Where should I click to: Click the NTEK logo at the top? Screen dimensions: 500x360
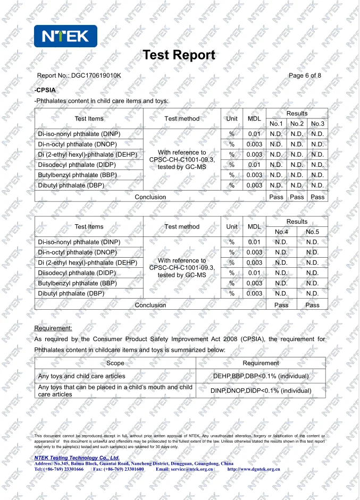click(65, 36)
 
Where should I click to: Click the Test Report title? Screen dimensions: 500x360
click(179, 55)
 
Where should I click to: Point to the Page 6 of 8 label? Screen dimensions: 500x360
click(305, 75)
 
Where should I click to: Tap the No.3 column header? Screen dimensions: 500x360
click(317, 124)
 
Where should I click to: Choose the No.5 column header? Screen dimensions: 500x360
click(312, 232)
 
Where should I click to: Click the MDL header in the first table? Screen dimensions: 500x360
click(254, 118)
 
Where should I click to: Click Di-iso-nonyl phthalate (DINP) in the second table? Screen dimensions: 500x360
click(79, 242)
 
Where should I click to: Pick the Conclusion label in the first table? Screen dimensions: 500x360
click(150, 197)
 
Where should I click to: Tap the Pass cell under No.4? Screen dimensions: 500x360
click(281, 305)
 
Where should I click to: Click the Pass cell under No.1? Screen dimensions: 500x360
click(276, 197)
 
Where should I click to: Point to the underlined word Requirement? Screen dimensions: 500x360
click(53, 328)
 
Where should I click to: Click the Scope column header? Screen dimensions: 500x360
click(115, 363)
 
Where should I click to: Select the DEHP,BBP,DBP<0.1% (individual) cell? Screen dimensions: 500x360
click(261, 376)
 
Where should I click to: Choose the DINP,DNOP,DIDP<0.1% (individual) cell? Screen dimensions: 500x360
click(261, 391)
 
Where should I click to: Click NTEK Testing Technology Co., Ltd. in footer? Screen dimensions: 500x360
click(77, 457)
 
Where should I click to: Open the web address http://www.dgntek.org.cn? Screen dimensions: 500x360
click(254, 470)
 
